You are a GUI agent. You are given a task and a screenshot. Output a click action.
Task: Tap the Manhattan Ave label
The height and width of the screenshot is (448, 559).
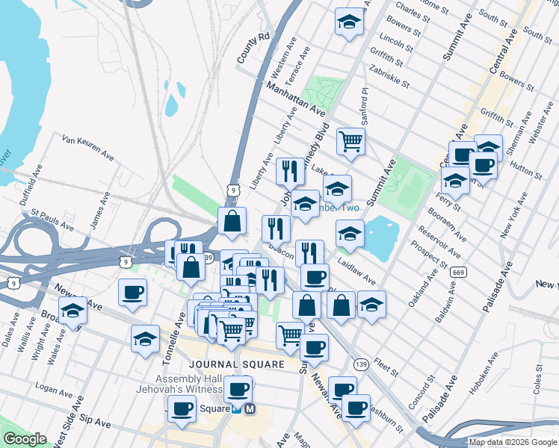tap(297, 99)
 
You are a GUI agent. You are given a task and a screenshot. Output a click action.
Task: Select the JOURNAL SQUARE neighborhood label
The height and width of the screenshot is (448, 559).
tap(238, 364)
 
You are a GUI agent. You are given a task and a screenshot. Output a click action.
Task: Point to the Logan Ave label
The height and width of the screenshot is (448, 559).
tap(55, 389)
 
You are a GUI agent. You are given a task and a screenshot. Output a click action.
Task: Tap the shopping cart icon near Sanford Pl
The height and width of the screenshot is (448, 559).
tap(350, 140)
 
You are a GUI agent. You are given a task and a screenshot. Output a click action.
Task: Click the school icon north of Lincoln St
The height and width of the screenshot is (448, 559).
tap(348, 21)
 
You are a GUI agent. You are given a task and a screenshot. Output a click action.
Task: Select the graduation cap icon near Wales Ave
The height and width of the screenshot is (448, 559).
tap(72, 311)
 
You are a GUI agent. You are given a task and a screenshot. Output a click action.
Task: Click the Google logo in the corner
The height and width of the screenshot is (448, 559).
tap(25, 438)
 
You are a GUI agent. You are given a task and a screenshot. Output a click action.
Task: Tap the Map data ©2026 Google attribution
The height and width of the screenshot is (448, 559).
tap(513, 442)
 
